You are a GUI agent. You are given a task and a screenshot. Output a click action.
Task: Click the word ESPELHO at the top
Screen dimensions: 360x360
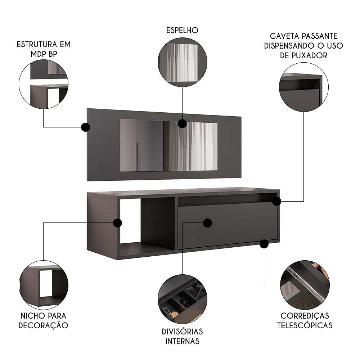183,30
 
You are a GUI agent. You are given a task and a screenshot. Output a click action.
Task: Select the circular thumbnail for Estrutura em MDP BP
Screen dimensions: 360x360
44,85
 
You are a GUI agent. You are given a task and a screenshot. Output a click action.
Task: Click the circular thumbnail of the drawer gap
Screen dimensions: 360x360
303,87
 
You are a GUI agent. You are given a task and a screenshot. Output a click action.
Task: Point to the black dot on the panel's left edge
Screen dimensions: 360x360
85,127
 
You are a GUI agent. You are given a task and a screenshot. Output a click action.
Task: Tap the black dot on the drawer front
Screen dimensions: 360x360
207,223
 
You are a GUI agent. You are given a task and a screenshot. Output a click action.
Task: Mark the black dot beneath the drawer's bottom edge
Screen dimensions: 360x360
264,244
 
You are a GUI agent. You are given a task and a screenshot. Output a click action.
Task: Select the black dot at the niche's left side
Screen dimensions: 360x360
117,223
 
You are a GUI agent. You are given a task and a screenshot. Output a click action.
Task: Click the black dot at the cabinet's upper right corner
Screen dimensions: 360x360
276,201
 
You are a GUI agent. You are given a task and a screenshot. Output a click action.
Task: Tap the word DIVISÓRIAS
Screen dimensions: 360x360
183,331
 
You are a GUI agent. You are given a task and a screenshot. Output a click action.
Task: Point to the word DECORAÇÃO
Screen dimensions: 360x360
44,325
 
